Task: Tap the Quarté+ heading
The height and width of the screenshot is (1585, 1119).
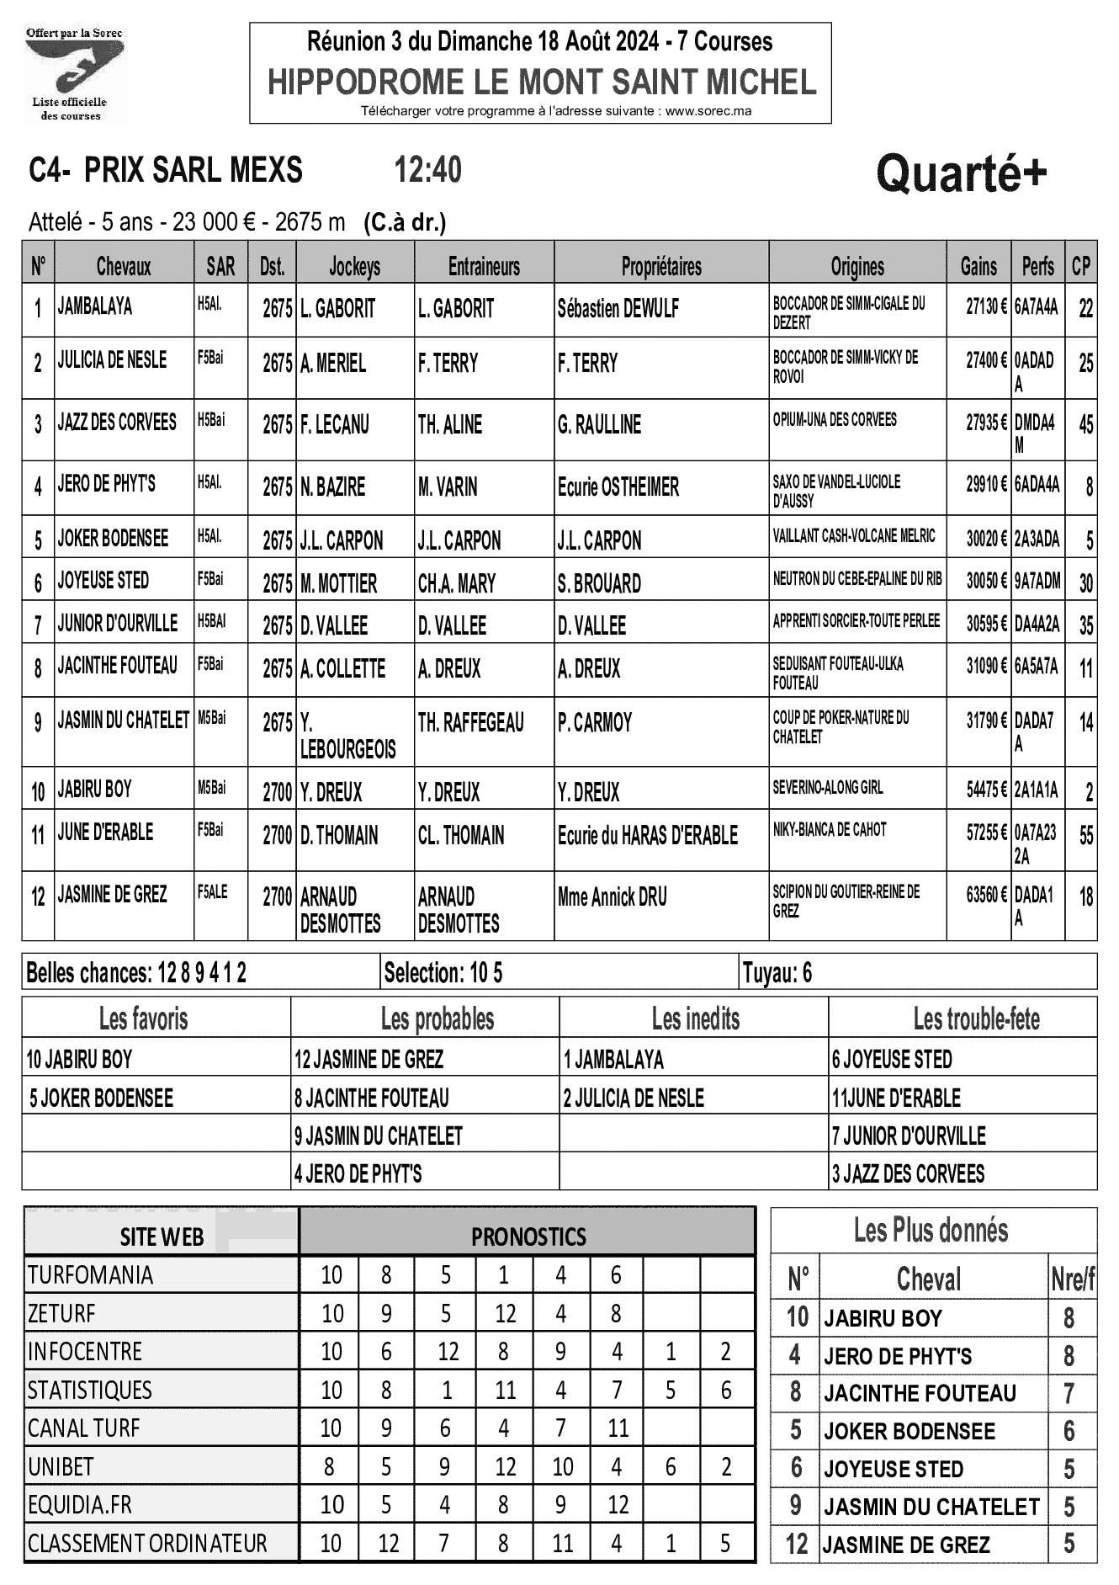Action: tap(962, 174)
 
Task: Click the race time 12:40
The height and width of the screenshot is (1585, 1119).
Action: tap(428, 170)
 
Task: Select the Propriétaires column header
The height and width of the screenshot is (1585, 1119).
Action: tap(661, 267)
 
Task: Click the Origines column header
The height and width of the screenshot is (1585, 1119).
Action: tap(857, 267)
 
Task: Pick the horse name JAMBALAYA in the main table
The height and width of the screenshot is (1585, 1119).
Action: tap(95, 306)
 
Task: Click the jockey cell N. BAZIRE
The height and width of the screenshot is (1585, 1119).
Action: tap(333, 487)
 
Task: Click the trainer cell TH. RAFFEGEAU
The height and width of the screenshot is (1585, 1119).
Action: tap(471, 722)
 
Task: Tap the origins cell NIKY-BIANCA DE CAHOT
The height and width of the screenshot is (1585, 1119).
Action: tap(830, 830)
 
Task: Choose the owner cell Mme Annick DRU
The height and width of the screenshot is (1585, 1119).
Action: tap(613, 897)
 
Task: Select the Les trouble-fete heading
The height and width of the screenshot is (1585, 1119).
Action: tap(976, 1019)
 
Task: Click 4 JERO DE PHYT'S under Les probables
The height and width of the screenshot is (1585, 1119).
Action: tap(358, 1173)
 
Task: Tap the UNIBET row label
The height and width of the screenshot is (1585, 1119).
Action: tap(61, 1466)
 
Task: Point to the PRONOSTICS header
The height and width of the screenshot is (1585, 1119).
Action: tap(528, 1237)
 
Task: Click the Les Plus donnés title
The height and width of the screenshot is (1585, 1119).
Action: tap(931, 1231)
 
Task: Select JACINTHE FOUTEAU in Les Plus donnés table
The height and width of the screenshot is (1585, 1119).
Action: tap(920, 1393)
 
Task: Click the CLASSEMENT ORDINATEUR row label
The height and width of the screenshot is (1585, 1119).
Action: tap(147, 1543)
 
